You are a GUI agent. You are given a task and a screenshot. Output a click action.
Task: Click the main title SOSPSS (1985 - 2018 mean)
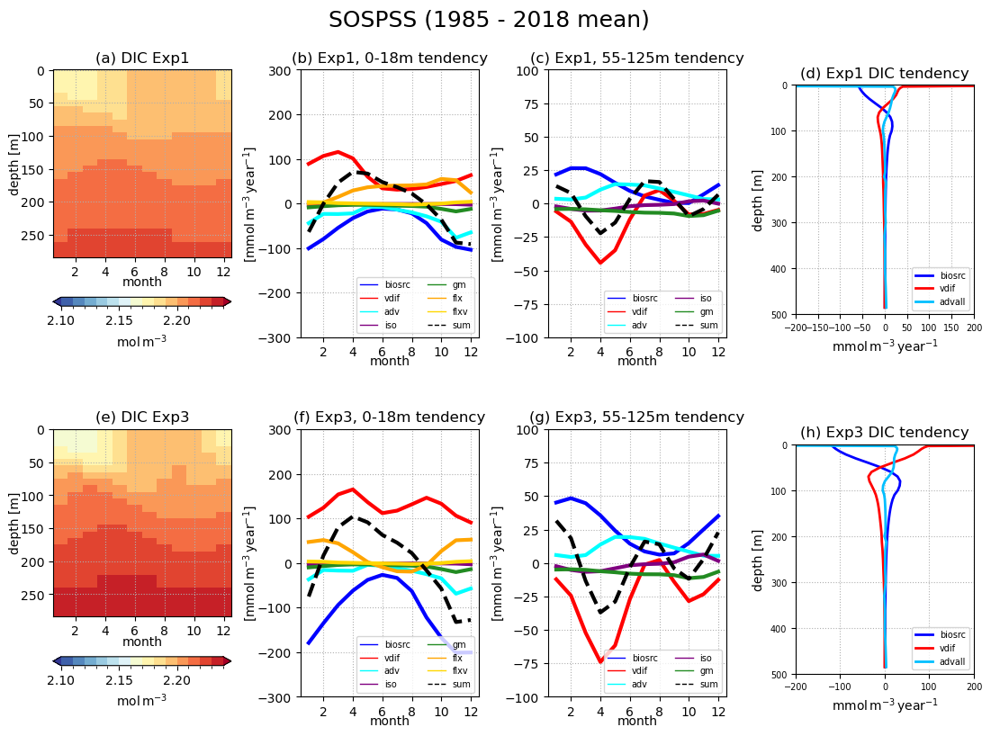click(489, 21)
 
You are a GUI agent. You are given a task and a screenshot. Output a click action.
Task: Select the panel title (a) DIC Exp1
click(142, 58)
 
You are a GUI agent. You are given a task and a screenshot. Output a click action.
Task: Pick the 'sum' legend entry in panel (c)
click(708, 325)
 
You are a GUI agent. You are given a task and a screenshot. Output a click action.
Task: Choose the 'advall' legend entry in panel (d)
click(953, 301)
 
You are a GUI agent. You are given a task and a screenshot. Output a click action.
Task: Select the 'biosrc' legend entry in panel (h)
click(952, 635)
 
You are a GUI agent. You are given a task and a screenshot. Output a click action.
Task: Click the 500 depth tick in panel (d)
click(781, 315)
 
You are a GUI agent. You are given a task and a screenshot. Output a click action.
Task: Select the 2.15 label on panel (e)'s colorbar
click(119, 679)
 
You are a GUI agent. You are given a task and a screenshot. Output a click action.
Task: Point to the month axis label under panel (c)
click(637, 362)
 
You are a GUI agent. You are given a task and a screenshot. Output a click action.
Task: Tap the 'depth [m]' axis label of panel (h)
click(758, 559)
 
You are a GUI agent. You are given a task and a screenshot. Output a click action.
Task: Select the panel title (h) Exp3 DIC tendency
click(885, 433)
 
